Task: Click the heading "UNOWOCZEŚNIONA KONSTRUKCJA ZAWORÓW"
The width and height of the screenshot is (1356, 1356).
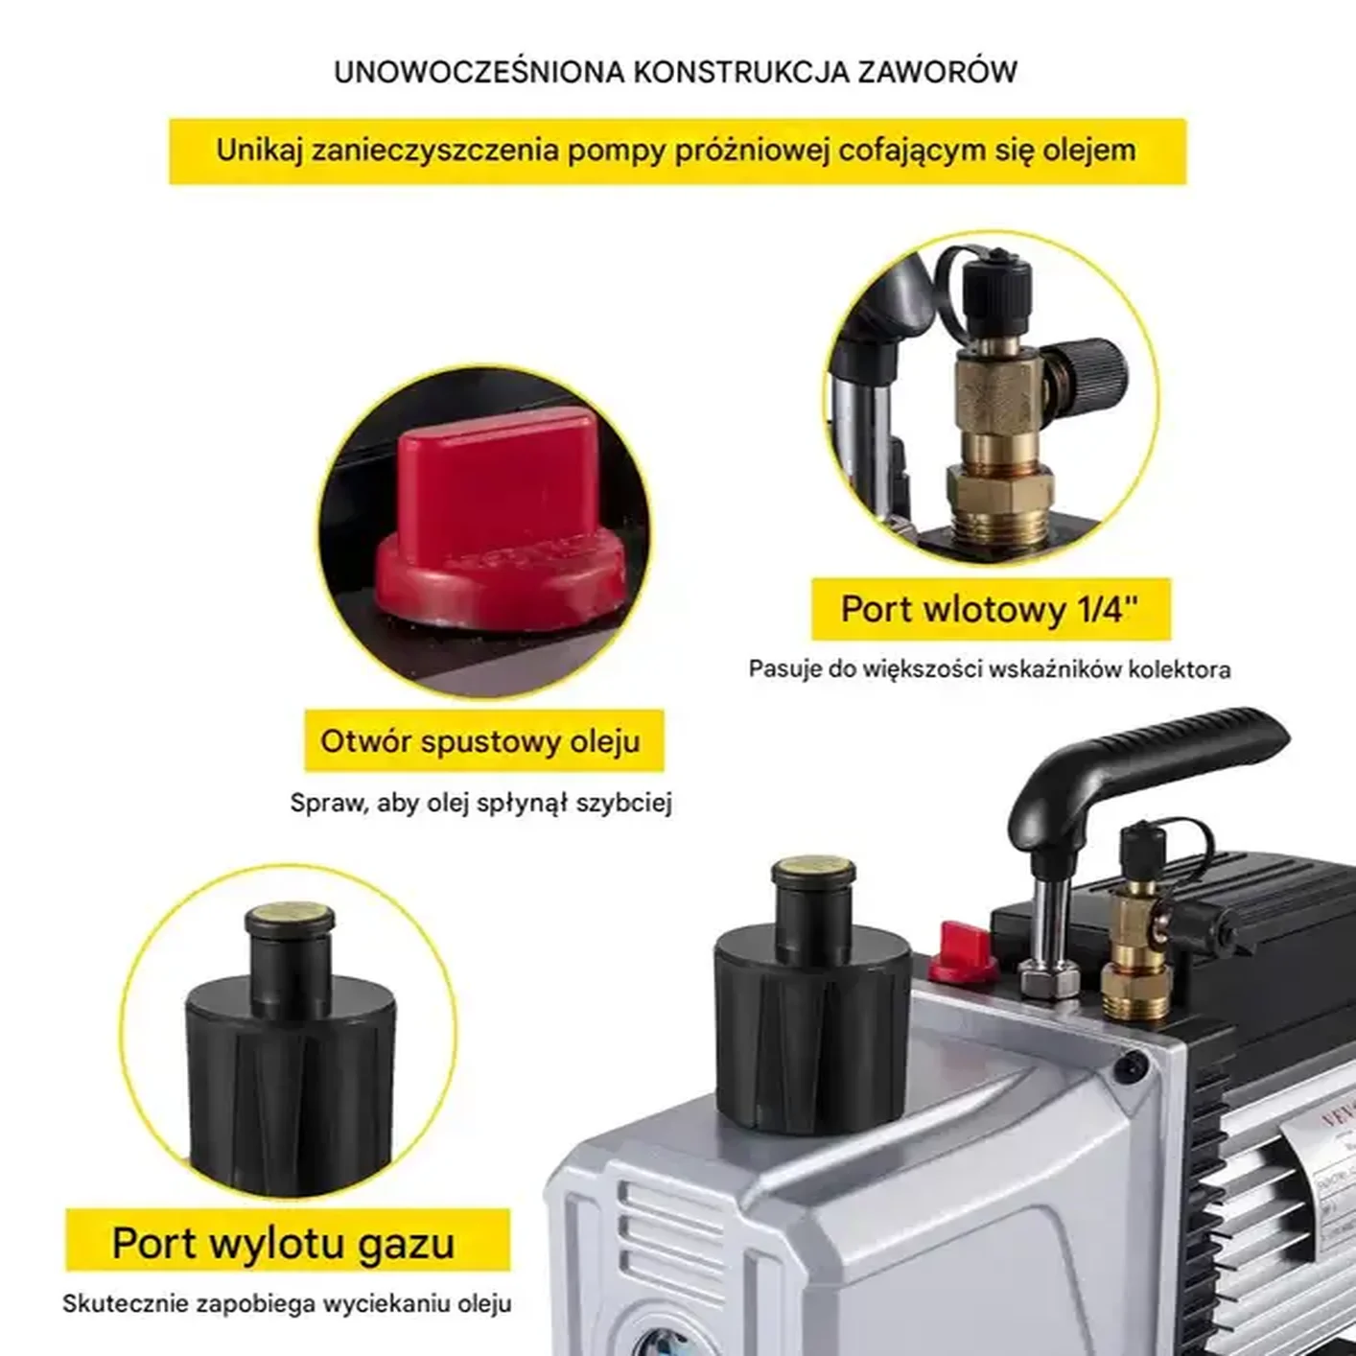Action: coord(675,72)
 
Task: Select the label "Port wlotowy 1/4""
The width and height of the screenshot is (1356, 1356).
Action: coord(990,609)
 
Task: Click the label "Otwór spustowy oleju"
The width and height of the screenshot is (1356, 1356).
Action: coord(480,741)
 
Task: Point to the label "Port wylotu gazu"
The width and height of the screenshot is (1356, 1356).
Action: coord(284,1243)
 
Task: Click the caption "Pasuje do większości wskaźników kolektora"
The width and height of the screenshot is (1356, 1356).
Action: coord(989,668)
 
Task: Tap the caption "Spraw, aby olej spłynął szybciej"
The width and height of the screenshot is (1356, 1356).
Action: coord(480,803)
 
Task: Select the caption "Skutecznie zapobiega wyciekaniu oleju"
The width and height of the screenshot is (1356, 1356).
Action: coord(287,1303)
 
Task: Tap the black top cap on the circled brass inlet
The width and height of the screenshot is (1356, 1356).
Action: coord(996,282)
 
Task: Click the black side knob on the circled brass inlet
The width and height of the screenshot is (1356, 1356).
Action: coord(1088,373)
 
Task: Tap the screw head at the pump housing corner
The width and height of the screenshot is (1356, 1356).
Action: coord(1134,1063)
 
